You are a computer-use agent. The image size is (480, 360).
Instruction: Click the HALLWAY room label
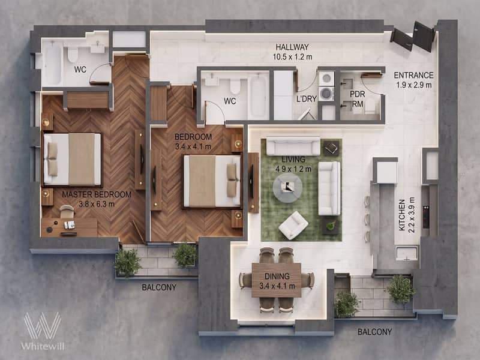click(x=292, y=47)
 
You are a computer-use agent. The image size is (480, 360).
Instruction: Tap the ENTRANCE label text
click(x=413, y=76)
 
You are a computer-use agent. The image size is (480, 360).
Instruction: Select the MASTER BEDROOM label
click(x=97, y=194)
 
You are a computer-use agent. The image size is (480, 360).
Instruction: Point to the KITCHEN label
click(x=402, y=215)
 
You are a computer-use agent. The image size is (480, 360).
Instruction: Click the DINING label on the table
click(x=277, y=276)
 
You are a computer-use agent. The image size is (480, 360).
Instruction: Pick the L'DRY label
click(x=307, y=99)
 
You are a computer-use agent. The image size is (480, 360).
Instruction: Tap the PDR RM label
click(x=358, y=99)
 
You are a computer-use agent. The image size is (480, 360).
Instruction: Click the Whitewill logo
click(x=43, y=331)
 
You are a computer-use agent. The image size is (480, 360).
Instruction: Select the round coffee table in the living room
click(x=287, y=188)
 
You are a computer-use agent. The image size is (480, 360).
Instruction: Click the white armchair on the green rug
click(x=293, y=226)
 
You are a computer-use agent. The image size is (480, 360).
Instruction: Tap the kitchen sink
click(x=407, y=253)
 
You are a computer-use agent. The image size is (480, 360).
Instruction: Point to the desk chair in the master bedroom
click(x=67, y=211)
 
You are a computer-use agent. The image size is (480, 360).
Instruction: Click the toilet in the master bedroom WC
click(x=73, y=54)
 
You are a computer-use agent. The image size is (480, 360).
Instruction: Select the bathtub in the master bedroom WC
click(x=54, y=64)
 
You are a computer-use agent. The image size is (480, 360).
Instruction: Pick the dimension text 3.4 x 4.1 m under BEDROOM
click(x=193, y=146)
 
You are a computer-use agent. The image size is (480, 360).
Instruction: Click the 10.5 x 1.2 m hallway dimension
click(x=292, y=56)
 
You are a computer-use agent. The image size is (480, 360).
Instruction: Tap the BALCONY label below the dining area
click(x=374, y=332)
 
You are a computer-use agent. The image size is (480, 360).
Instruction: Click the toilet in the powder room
click(x=370, y=106)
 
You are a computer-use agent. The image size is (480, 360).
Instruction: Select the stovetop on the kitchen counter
click(x=426, y=217)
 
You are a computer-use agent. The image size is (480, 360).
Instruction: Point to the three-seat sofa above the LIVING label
click(x=293, y=146)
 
